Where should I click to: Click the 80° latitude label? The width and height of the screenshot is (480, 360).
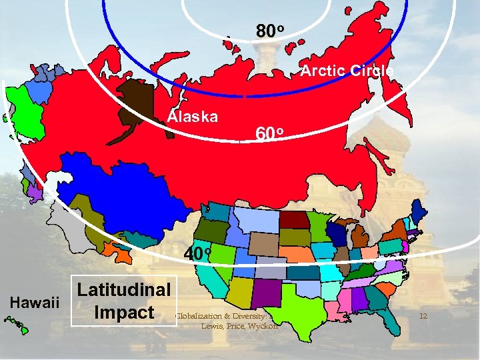(x=271, y=31)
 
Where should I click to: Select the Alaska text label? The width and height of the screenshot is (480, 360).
(x=192, y=117)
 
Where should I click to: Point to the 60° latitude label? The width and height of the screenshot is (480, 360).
(x=271, y=134)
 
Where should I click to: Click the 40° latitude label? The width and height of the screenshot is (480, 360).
(x=198, y=254)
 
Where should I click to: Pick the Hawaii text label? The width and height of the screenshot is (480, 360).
(x=34, y=302)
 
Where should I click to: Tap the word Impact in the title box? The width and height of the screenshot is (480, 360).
(x=125, y=312)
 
